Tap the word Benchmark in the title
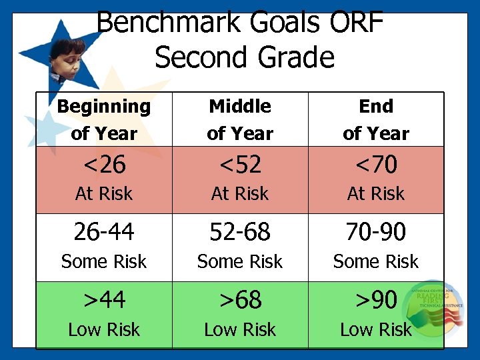coord(167,23)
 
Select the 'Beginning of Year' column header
coord(104,119)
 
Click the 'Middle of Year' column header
coord(240,119)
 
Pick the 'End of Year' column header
coord(376,119)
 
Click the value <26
coord(104,163)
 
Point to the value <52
coord(240,163)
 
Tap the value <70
coord(376,163)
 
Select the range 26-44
coord(104,232)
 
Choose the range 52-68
coord(240,232)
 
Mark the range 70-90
coord(376,232)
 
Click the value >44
coord(104,300)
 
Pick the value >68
coord(240,300)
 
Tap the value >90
coord(376,300)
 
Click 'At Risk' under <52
coord(240,194)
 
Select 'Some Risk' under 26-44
coord(104,262)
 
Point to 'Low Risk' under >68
coord(240,330)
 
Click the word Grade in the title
coord(293,57)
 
